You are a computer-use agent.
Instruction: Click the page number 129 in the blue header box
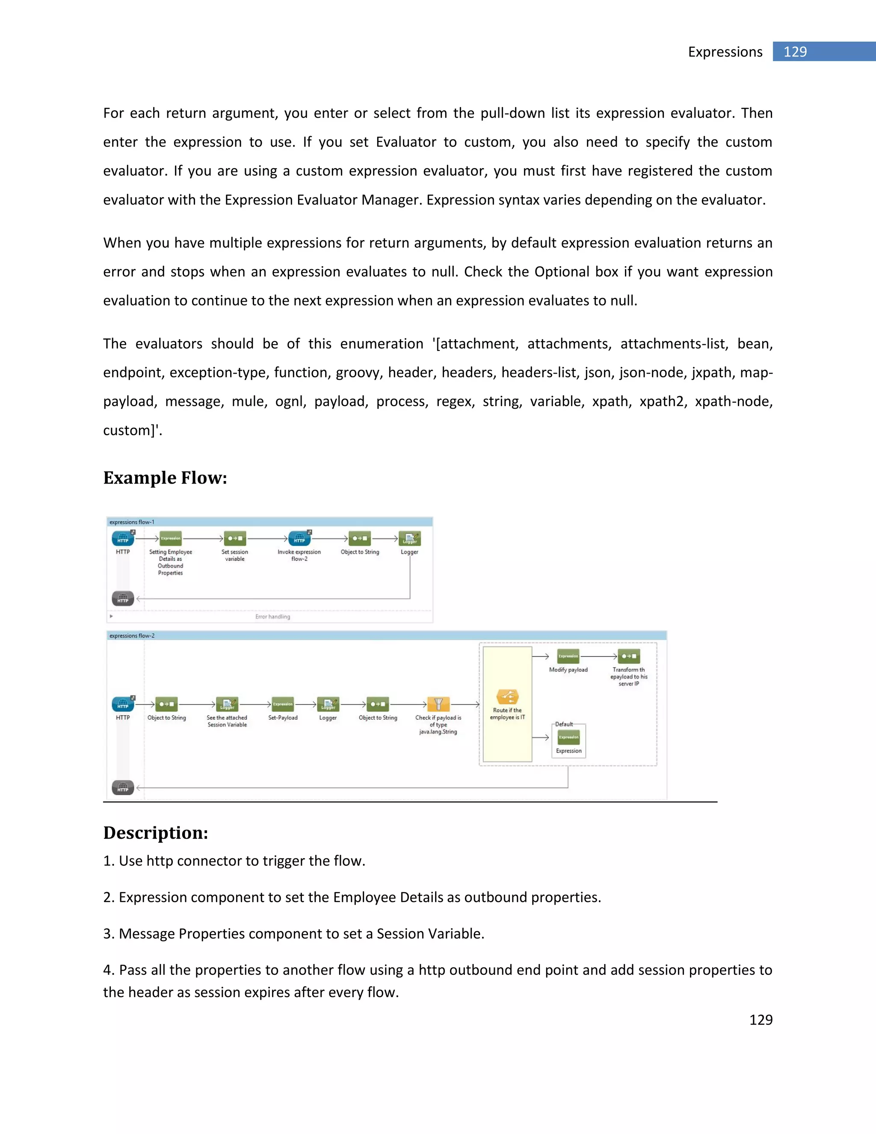pyautogui.click(x=795, y=52)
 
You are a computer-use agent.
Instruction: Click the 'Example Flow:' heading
pyautogui.click(x=165, y=478)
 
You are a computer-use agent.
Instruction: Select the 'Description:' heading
pyautogui.click(x=156, y=832)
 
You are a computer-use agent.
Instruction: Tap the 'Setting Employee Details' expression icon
pyautogui.click(x=170, y=538)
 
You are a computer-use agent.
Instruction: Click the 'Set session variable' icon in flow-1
pyautogui.click(x=234, y=538)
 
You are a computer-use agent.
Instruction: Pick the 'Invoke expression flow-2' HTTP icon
pyautogui.click(x=299, y=538)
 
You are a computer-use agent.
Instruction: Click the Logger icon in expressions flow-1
pyautogui.click(x=409, y=538)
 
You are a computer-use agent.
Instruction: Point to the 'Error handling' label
pyautogui.click(x=272, y=617)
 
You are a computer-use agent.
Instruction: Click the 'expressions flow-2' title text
pyautogui.click(x=132, y=635)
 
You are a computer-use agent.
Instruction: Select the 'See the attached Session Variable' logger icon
pyautogui.click(x=227, y=704)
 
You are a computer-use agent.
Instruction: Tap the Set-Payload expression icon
pyautogui.click(x=283, y=704)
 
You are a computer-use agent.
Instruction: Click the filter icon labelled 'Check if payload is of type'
pyautogui.click(x=438, y=704)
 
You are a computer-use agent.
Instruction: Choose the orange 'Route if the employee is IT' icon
pyautogui.click(x=507, y=697)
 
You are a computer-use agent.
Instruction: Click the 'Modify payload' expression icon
pyautogui.click(x=568, y=656)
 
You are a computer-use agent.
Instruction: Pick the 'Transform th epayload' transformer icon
pyautogui.click(x=629, y=656)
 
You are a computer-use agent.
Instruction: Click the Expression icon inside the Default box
pyautogui.click(x=569, y=737)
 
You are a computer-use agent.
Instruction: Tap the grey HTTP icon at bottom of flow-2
pyautogui.click(x=123, y=788)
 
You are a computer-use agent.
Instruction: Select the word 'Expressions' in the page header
pyautogui.click(x=725, y=52)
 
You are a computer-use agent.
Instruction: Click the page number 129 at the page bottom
pyautogui.click(x=761, y=1020)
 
